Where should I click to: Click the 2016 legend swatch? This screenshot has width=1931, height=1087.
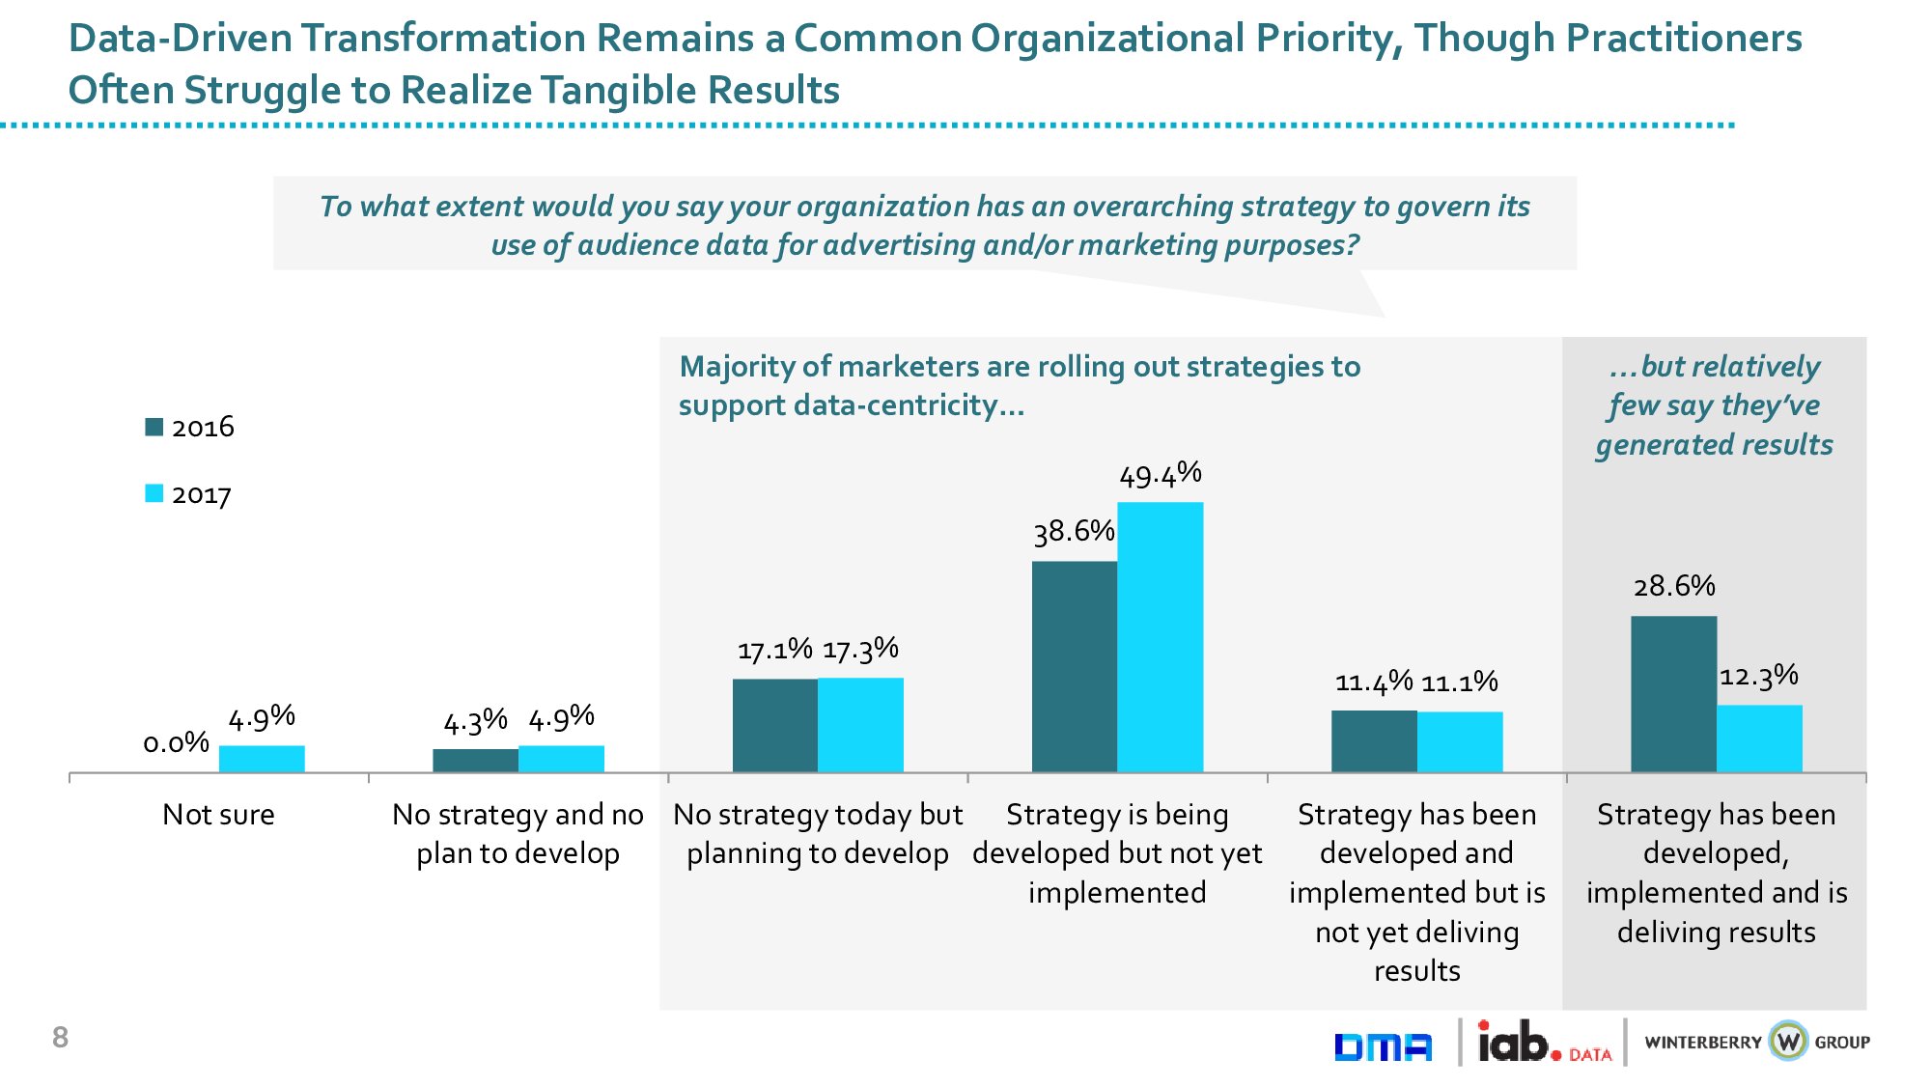(x=154, y=427)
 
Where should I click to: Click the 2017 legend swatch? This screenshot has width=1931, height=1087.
(x=154, y=493)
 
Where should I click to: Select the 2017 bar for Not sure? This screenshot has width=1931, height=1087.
(x=262, y=759)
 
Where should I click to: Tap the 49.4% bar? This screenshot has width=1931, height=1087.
(x=1160, y=637)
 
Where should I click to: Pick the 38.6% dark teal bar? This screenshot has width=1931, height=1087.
(x=1074, y=666)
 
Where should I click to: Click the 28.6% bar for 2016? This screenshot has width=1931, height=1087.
(x=1673, y=694)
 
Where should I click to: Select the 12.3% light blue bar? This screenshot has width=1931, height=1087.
(x=1759, y=739)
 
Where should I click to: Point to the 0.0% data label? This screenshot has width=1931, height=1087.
(x=176, y=742)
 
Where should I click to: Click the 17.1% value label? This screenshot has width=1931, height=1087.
(x=774, y=651)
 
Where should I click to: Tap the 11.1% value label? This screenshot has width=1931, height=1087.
(x=1460, y=683)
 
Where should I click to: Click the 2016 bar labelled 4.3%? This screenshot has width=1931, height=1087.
(x=475, y=761)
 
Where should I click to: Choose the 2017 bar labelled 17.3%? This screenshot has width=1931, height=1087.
(x=860, y=725)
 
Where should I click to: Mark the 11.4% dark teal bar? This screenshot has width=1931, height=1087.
(x=1374, y=741)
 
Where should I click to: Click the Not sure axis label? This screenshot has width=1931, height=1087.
(x=218, y=815)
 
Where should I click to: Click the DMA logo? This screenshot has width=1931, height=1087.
(x=1383, y=1046)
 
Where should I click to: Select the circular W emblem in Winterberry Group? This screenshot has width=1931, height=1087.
(x=1788, y=1042)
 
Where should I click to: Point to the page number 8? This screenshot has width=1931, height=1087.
(x=60, y=1038)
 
